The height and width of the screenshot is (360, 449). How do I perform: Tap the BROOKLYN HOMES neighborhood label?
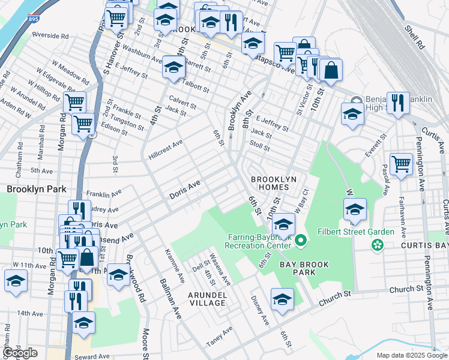point(274,184)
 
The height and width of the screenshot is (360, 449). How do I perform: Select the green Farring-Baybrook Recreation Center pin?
point(301,241)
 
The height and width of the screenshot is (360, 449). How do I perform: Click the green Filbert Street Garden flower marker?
point(377,244)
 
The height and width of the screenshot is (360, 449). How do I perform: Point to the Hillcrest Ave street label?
point(165,150)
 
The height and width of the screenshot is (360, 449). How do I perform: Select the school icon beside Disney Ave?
point(282,298)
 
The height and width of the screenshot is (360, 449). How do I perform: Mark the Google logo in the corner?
point(20,353)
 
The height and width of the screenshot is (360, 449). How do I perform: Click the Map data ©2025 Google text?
point(411,355)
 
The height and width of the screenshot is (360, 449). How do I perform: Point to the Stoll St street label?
point(260,145)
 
